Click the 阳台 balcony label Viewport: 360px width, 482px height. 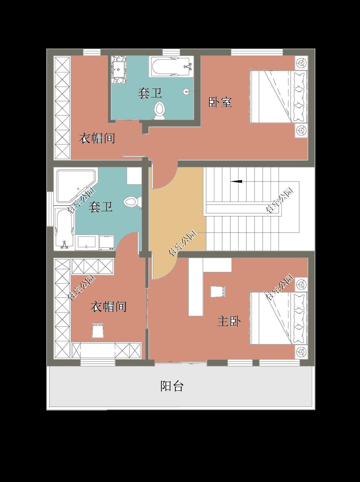[x=172, y=386]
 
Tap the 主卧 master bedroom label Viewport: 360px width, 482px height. [x=229, y=321]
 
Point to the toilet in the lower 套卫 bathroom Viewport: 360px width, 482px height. [x=131, y=202]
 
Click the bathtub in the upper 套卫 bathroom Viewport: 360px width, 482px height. [x=171, y=67]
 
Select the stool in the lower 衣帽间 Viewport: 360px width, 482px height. [x=98, y=330]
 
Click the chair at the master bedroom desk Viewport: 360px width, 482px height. [x=217, y=291]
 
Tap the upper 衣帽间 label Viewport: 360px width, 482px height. [x=97, y=138]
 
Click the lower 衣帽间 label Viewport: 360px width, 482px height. [x=108, y=307]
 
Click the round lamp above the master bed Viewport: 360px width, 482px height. [x=301, y=284]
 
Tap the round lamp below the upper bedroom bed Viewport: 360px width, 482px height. [x=301, y=130]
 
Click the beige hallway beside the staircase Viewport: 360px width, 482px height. [x=177, y=219]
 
